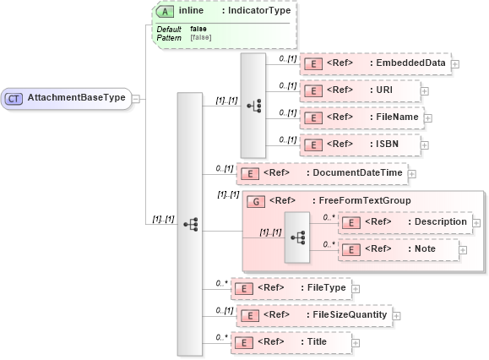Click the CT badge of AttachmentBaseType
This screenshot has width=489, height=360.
[x=14, y=98]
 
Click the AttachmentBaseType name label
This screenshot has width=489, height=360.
[x=76, y=98]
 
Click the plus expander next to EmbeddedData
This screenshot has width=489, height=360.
[x=455, y=63]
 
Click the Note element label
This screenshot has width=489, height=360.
[x=425, y=249]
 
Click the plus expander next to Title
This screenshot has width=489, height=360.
[x=356, y=343]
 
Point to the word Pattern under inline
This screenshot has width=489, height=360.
[x=169, y=38]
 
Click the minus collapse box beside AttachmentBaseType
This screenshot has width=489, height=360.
[x=136, y=98]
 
